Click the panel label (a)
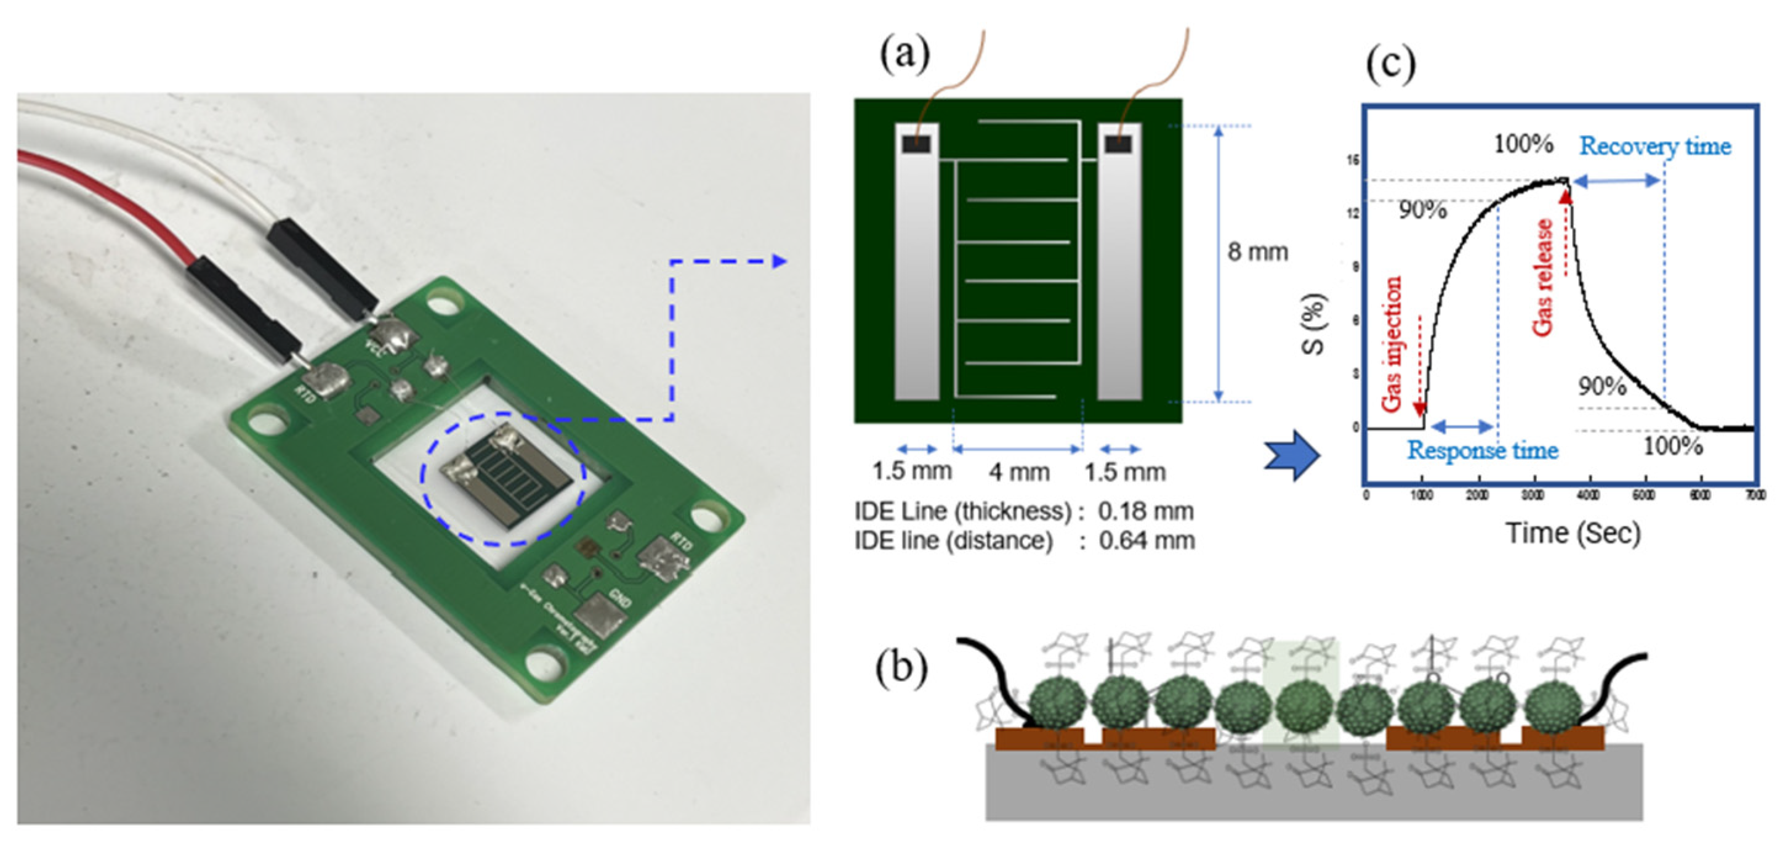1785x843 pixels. [x=905, y=54]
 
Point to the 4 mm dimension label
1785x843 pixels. [x=1018, y=472]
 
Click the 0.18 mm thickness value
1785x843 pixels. [x=1145, y=511]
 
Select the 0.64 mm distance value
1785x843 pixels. [x=1147, y=541]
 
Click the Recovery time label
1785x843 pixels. [x=1654, y=146]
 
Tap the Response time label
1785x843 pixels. [x=1482, y=450]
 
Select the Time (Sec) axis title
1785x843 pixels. [x=1573, y=533]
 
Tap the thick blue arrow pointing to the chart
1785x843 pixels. [x=1292, y=455]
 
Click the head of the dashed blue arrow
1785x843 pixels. [x=780, y=261]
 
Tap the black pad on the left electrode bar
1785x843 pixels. [x=916, y=144]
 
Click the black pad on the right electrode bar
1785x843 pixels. [x=1118, y=144]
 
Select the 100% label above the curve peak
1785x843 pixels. [x=1523, y=144]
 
